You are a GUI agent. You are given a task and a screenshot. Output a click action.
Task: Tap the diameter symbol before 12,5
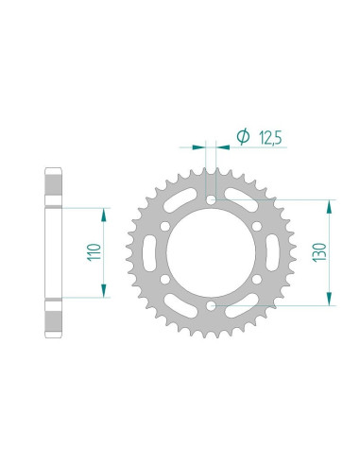pyautogui.click(x=243, y=139)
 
